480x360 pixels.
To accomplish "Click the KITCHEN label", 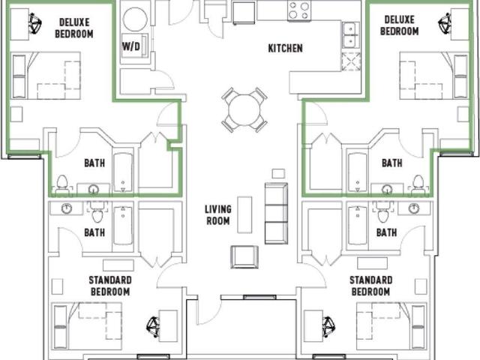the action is [285, 48].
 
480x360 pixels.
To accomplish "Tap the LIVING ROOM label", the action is [218, 215].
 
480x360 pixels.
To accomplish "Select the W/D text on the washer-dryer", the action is [131, 46].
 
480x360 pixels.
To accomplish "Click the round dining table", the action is [244, 110].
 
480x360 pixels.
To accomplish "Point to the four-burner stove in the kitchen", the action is [299, 10].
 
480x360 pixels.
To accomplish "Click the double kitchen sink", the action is [350, 35].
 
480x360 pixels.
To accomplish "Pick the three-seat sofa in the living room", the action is [276, 213].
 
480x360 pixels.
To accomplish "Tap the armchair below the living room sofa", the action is [244, 256].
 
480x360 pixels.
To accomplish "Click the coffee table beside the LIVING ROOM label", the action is [245, 214].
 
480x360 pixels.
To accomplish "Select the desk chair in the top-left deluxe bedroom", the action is [35, 23].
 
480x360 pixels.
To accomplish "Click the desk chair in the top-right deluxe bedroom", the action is [445, 23].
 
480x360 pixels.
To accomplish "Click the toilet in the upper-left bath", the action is [63, 184].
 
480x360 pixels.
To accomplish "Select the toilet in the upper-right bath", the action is [418, 184].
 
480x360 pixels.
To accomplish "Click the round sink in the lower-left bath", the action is [67, 208].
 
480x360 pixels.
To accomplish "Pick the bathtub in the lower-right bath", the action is [358, 226].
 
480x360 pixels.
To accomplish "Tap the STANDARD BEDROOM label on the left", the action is [110, 286].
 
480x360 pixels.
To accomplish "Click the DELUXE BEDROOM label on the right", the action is [399, 25].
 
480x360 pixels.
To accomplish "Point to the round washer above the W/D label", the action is [135, 19].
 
